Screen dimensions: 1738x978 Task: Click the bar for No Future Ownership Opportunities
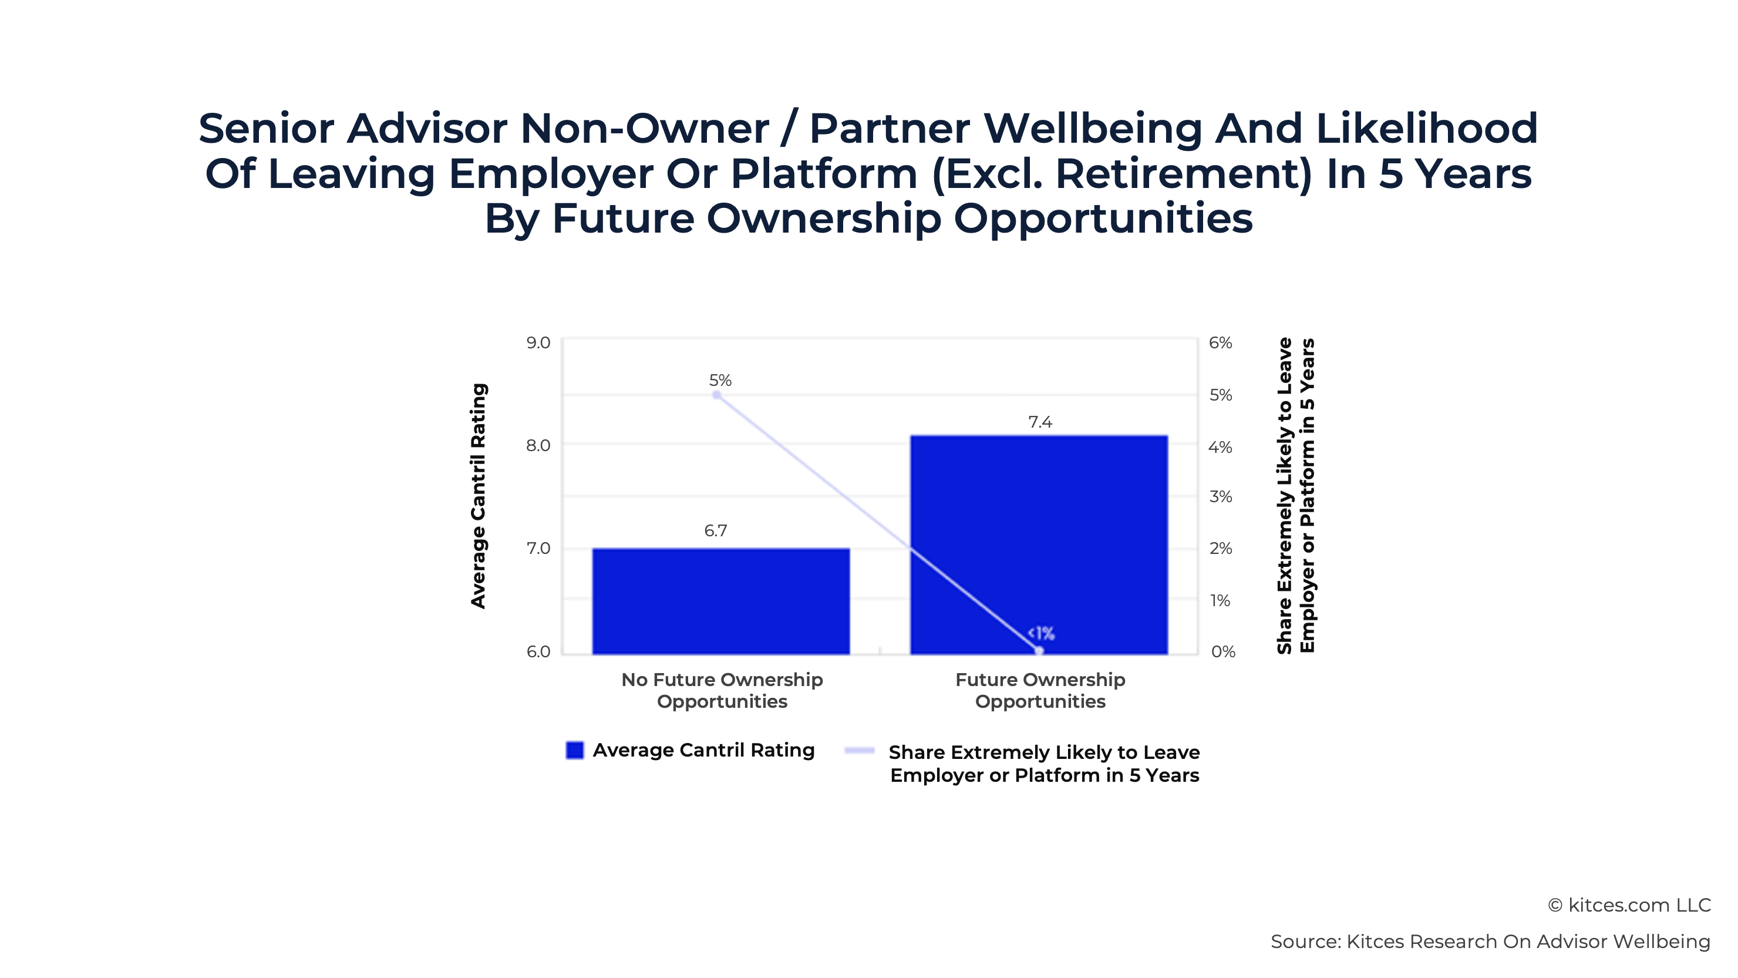click(x=720, y=601)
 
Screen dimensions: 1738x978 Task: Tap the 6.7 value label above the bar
click(x=715, y=530)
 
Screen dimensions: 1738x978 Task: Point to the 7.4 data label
click(x=1040, y=422)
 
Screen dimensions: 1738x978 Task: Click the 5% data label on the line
click(x=720, y=380)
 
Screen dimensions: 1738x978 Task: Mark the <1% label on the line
click(x=1040, y=633)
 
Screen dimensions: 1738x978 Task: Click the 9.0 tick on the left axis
click(x=538, y=343)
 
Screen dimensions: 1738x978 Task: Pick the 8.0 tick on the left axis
click(x=538, y=445)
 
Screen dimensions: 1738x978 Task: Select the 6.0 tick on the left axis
click(x=538, y=652)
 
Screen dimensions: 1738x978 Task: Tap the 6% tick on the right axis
click(x=1220, y=343)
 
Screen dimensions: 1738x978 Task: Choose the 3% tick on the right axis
click(x=1220, y=497)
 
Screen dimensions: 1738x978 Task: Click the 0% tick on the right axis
click(x=1222, y=652)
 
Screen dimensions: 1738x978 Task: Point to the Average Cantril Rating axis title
click(x=479, y=496)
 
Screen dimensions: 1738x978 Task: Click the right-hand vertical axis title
click(x=1295, y=496)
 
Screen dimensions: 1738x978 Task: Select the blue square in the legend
click(x=575, y=751)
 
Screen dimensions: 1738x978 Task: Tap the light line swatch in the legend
click(x=860, y=751)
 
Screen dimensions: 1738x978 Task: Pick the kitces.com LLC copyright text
click(x=1629, y=905)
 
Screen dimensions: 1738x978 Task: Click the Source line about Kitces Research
click(x=1490, y=942)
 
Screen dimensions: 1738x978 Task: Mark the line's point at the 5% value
click(x=716, y=395)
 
